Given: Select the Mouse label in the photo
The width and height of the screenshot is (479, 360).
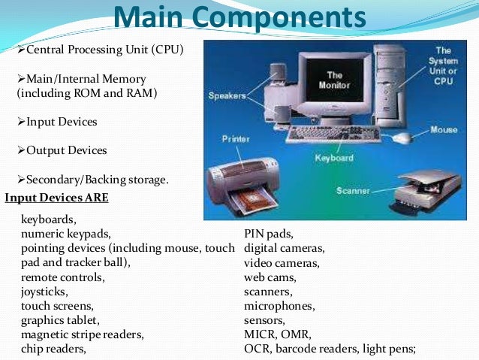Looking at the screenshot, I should click(x=443, y=130).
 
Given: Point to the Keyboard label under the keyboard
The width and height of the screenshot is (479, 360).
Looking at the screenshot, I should click(x=334, y=159).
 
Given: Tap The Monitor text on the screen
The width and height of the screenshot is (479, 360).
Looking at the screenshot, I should click(x=334, y=80).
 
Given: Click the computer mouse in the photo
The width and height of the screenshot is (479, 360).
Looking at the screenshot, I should click(x=403, y=138).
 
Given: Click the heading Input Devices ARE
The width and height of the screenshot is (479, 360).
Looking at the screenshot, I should click(x=56, y=198).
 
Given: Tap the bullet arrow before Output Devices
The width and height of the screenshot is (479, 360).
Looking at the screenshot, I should click(x=21, y=150).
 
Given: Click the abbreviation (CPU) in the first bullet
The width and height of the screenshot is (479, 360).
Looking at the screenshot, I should click(x=164, y=50).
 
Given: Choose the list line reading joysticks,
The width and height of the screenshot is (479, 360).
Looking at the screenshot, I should click(x=44, y=292).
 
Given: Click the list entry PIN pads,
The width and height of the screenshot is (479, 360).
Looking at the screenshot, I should click(x=268, y=234).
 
